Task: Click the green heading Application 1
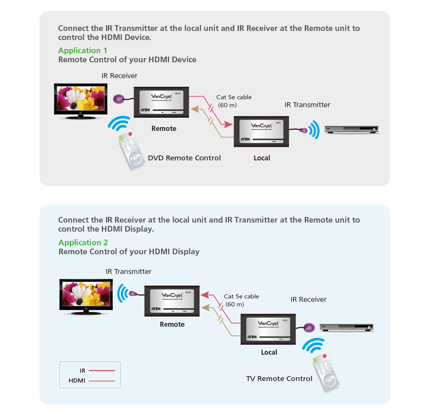click(83, 51)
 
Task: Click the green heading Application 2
click(83, 243)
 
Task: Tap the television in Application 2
click(86, 297)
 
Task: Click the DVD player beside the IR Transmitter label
click(352, 130)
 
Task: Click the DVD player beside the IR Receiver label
click(346, 327)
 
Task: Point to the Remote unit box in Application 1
click(161, 102)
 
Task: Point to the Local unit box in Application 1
click(261, 131)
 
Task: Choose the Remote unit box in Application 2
click(172, 301)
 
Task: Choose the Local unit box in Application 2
click(268, 329)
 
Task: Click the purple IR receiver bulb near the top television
click(119, 99)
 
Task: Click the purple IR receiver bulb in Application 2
click(309, 327)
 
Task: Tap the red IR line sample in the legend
click(101, 370)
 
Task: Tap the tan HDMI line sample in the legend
click(101, 381)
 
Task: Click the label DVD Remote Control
click(184, 158)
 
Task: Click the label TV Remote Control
click(279, 379)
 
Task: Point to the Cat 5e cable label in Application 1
click(234, 97)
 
